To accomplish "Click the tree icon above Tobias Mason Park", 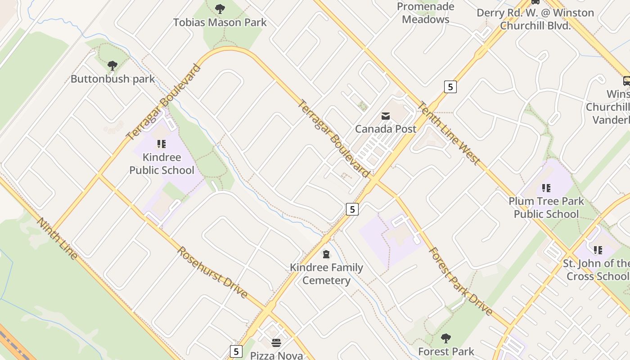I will (x=220, y=9).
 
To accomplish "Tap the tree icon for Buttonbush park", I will (x=112, y=66).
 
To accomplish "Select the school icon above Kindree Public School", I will (x=162, y=144).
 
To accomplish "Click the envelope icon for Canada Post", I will (x=386, y=116).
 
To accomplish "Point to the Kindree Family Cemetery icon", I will (x=326, y=254).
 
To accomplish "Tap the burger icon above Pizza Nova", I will (x=276, y=343).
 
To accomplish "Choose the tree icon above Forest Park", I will (x=446, y=338).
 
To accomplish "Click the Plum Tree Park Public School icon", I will (x=546, y=188).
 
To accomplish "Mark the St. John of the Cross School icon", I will (x=598, y=250).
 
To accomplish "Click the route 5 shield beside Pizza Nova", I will (x=236, y=351).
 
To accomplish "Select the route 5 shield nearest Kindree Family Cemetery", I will (x=352, y=209).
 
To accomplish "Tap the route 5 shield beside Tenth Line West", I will (x=450, y=86).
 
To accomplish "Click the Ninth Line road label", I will (x=57, y=238).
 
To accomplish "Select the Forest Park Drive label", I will (x=460, y=281).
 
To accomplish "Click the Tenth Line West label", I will (x=449, y=133).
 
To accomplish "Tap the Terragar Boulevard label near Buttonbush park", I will (x=163, y=103).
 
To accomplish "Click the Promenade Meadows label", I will (x=426, y=13).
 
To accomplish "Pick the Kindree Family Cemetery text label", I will (x=326, y=274).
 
